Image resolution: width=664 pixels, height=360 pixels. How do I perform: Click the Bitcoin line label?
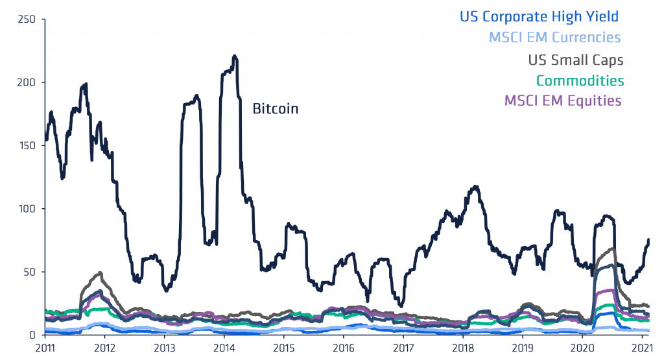pyautogui.click(x=275, y=109)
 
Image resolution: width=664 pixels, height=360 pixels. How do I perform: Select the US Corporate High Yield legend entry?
pyautogui.click(x=539, y=17)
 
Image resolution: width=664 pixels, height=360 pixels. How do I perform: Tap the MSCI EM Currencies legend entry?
pyautogui.click(x=554, y=38)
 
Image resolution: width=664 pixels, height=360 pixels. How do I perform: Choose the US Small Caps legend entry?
pyautogui.click(x=575, y=60)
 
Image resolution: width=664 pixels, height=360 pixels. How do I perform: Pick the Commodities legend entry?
pyautogui.click(x=580, y=81)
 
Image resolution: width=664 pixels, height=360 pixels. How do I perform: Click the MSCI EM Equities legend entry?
pyautogui.click(x=562, y=101)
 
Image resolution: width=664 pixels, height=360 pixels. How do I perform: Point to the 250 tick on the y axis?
pyautogui.click(x=27, y=19)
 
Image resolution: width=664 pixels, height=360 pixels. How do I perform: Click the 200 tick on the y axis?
pyautogui.click(x=27, y=82)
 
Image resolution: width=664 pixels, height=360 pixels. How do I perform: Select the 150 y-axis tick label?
pyautogui.click(x=27, y=145)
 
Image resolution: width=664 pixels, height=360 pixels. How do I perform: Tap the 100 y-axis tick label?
pyautogui.click(x=27, y=209)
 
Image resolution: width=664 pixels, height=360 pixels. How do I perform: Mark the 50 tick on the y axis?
pyautogui.click(x=29, y=272)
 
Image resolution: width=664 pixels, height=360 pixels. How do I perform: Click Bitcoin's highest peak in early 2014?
pyautogui.click(x=234, y=56)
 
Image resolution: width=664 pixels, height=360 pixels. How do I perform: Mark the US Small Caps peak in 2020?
pyautogui.click(x=613, y=248)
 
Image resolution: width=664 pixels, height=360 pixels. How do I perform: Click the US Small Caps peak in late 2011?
pyautogui.click(x=100, y=272)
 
